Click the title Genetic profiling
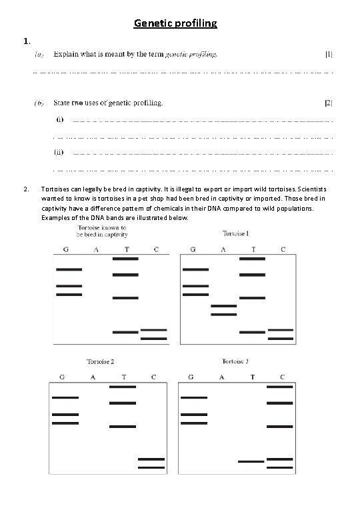[x=175, y=24]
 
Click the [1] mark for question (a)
[x=329, y=53]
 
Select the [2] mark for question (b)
[x=328, y=103]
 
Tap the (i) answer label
[x=59, y=121]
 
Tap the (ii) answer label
[x=59, y=152]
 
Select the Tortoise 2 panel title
[x=100, y=361]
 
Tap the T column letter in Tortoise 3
[x=252, y=377]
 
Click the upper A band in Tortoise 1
[x=223, y=306]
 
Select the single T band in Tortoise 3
[x=251, y=461]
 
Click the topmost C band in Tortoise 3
[x=279, y=387]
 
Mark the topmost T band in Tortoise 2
[x=123, y=387]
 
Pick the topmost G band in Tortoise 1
[x=195, y=269]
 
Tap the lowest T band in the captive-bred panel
[x=125, y=332]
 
